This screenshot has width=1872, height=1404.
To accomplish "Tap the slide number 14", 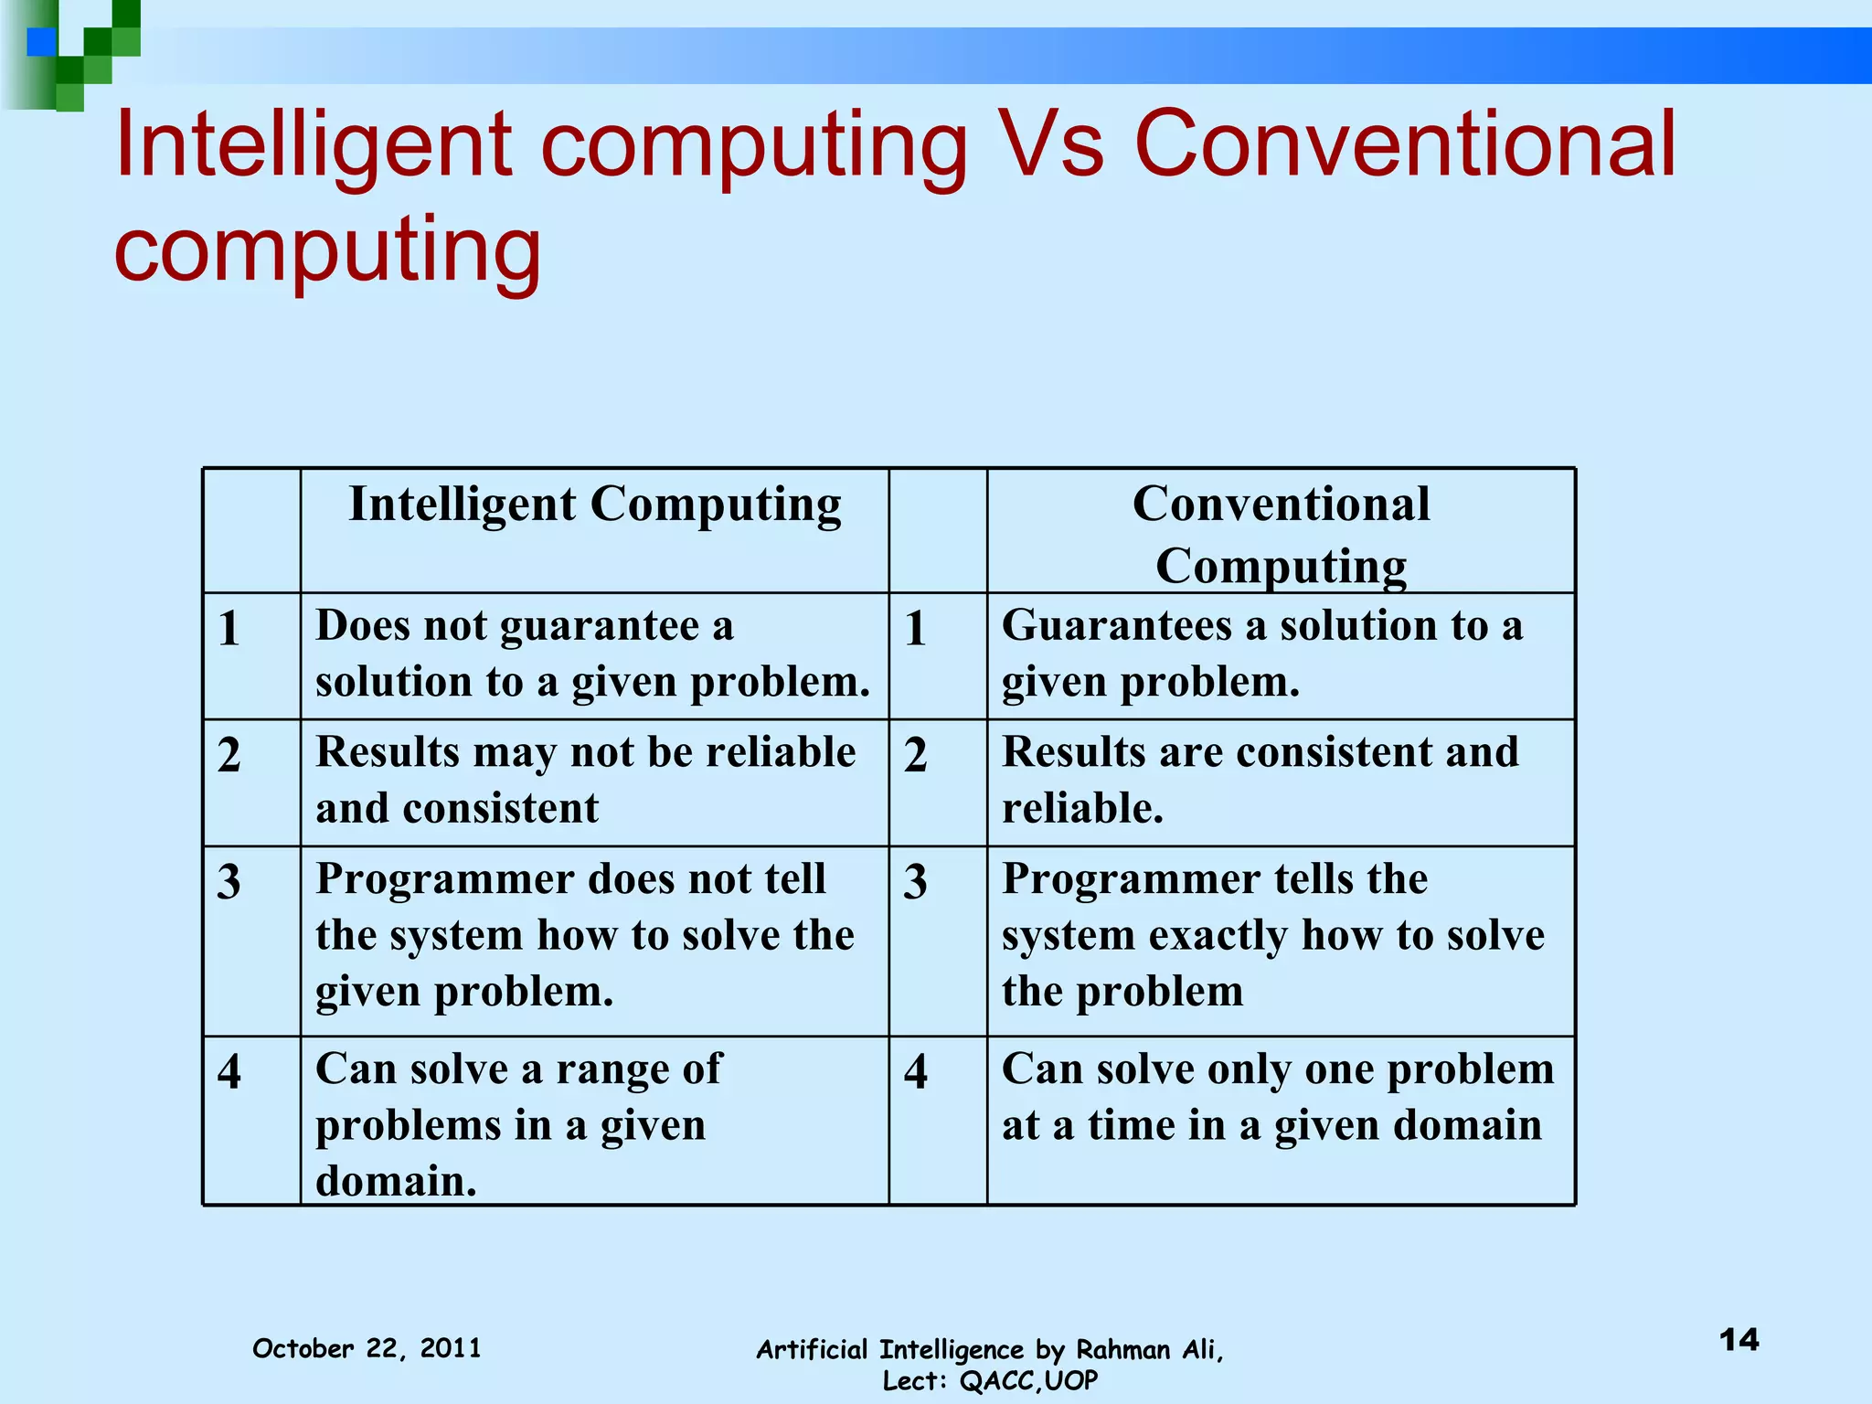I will point(1739,1340).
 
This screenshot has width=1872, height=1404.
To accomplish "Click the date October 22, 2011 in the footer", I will point(367,1348).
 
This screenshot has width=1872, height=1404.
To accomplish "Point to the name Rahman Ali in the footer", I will point(1149,1350).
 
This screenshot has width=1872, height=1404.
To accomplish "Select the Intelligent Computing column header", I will point(595,505).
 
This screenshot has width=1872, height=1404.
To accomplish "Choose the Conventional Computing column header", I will point(1281,534).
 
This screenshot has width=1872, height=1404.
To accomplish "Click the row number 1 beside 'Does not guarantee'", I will point(229,629).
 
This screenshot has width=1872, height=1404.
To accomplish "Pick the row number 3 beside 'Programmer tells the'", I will point(916,882).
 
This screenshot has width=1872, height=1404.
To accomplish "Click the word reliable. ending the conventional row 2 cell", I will point(1082,808).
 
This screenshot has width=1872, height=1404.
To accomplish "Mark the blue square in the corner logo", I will point(41,42).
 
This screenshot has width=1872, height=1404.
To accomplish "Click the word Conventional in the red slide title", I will point(1405,144).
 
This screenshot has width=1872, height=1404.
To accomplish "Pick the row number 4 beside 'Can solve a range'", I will point(229,1071).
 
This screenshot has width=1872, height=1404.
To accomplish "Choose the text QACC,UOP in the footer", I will point(1028,1381).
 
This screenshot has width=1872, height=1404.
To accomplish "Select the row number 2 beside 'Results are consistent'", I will point(916,755).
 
